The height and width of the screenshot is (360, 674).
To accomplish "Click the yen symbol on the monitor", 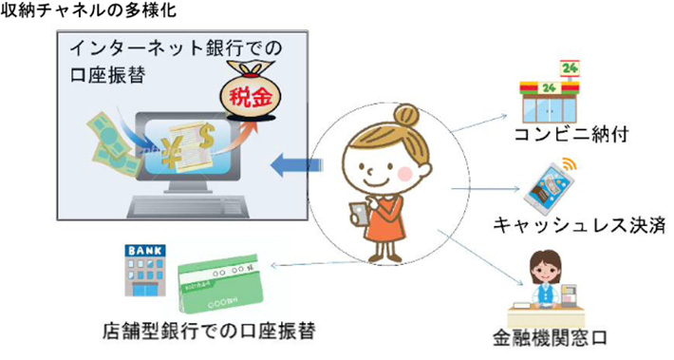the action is [173, 148].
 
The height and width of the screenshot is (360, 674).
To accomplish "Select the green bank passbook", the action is [219, 285].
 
